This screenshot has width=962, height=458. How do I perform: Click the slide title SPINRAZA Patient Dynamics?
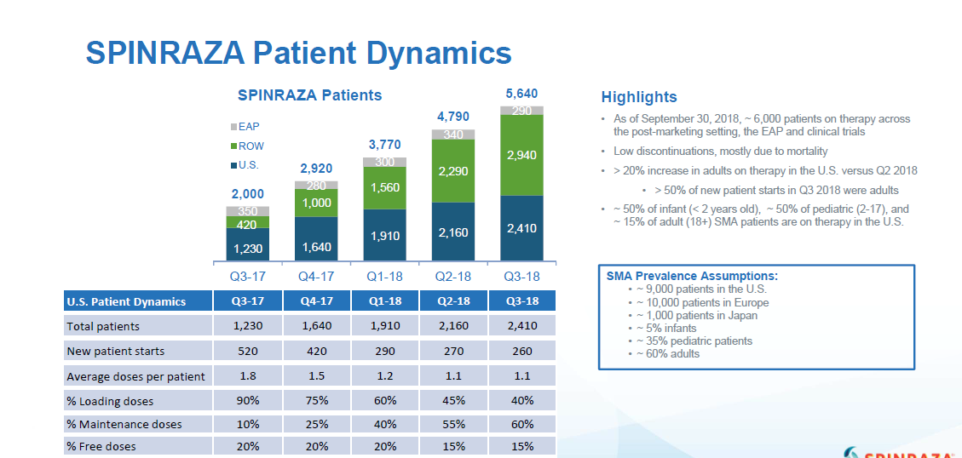pos(298,53)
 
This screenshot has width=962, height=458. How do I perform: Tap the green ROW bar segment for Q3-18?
pos(521,156)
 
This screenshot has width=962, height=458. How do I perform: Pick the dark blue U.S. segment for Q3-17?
pos(247,244)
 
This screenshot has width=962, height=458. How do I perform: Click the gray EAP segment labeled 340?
pos(453,135)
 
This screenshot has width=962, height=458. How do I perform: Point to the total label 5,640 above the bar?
pos(521,94)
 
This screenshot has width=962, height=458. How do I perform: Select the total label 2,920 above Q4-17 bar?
pos(316,169)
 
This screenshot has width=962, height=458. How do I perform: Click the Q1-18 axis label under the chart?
pos(384,277)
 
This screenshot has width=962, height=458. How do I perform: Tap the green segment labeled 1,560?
pos(384,187)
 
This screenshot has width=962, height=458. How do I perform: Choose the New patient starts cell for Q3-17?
pos(247,351)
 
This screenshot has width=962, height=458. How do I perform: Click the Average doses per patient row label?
pos(135,376)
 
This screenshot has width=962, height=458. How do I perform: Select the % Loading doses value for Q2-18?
pos(453,400)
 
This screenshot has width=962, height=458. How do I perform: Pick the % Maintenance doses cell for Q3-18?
pos(521,423)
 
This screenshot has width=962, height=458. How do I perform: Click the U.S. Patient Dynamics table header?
pos(126,301)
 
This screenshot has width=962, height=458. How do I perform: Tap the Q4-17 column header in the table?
pos(316,301)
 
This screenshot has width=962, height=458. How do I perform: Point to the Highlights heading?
pos(639,97)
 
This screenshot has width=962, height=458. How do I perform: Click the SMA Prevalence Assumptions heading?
pos(692,276)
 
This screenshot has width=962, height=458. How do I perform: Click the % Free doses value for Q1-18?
pos(384,446)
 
